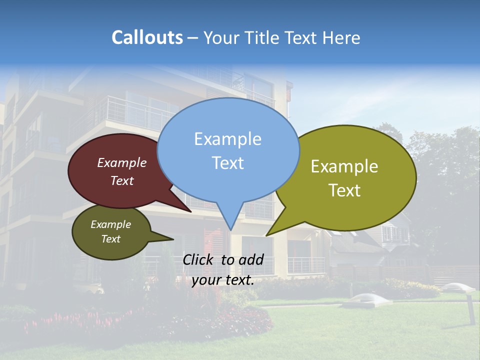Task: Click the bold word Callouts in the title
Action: coord(147,37)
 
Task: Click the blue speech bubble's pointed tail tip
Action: coord(230,230)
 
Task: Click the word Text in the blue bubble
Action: coord(227,162)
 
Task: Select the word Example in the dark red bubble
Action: coord(121,162)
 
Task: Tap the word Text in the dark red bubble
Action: coord(121,180)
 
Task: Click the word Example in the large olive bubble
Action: coord(344,166)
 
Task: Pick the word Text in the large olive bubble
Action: coord(344,190)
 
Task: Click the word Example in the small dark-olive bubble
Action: coord(110,224)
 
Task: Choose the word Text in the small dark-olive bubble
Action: coord(110,239)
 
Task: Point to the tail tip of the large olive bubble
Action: coord(266,235)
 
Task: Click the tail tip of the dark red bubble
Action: coord(191,211)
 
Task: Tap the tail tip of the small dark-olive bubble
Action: coord(173,239)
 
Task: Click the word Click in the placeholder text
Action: coord(199,259)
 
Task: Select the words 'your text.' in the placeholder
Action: coord(223,280)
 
